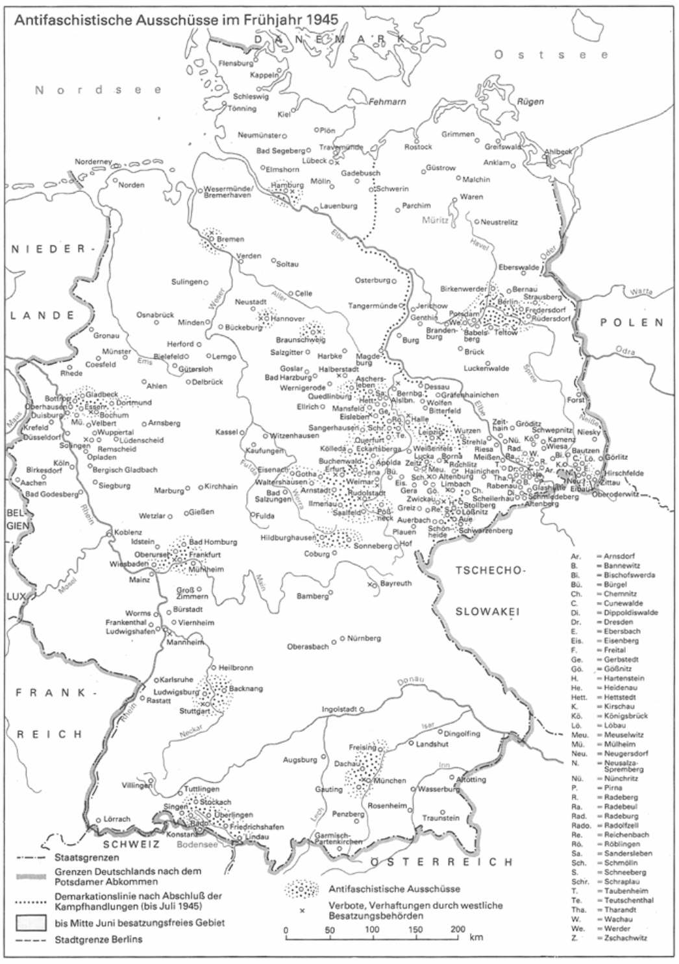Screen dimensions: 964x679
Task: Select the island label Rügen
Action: click(530, 102)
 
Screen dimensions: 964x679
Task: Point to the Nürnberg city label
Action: click(364, 638)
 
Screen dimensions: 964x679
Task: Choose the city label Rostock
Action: click(418, 147)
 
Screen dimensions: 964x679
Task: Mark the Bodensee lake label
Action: click(197, 846)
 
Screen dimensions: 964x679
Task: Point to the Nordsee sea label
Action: click(98, 90)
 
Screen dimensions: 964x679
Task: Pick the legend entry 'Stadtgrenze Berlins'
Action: click(95, 939)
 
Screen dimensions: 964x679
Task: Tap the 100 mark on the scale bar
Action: click(371, 930)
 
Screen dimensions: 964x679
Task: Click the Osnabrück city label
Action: click(155, 315)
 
